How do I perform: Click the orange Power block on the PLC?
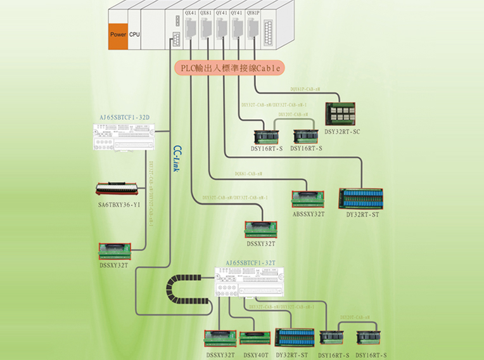(117, 34)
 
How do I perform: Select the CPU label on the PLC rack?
(134, 34)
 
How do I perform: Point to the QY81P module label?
(253, 12)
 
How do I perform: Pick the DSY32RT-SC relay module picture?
(343, 113)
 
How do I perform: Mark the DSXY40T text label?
(255, 354)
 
